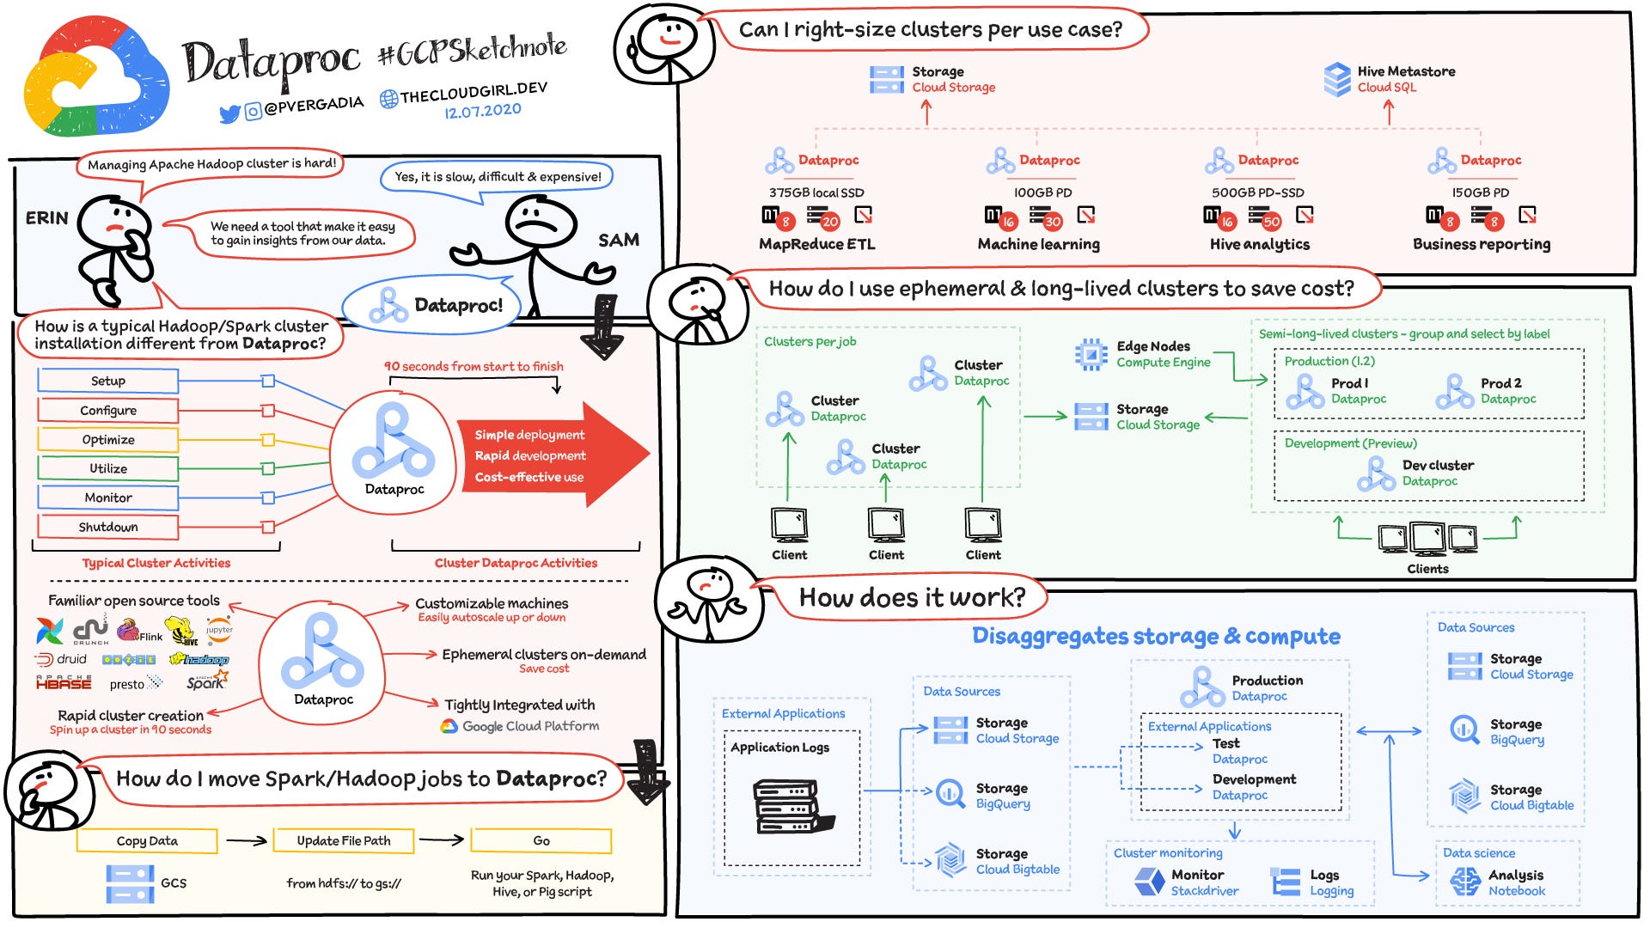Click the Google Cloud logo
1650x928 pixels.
pyautogui.click(x=96, y=77)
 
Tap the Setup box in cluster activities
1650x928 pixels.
pyautogui.click(x=108, y=381)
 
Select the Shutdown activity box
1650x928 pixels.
pyautogui.click(x=108, y=527)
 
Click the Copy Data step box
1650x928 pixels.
pyautogui.click(x=147, y=840)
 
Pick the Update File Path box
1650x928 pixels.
pyautogui.click(x=344, y=840)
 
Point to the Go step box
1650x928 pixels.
pyautogui.click(x=541, y=840)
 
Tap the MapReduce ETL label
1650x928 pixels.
pyautogui.click(x=817, y=244)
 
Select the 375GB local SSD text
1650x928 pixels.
pyautogui.click(x=816, y=192)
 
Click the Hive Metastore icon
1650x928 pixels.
pyautogui.click(x=1337, y=79)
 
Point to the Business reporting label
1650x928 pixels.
pyautogui.click(x=1482, y=244)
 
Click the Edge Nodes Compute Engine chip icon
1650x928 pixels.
pyautogui.click(x=1091, y=354)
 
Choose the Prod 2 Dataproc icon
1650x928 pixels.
pyautogui.click(x=1454, y=392)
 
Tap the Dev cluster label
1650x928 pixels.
pyautogui.click(x=1438, y=465)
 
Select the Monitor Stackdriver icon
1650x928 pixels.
pyautogui.click(x=1149, y=882)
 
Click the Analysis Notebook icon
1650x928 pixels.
pyautogui.click(x=1465, y=882)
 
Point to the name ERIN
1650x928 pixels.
pyautogui.click(x=47, y=218)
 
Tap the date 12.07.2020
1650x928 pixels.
pyautogui.click(x=482, y=111)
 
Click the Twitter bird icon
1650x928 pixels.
pyautogui.click(x=229, y=113)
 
